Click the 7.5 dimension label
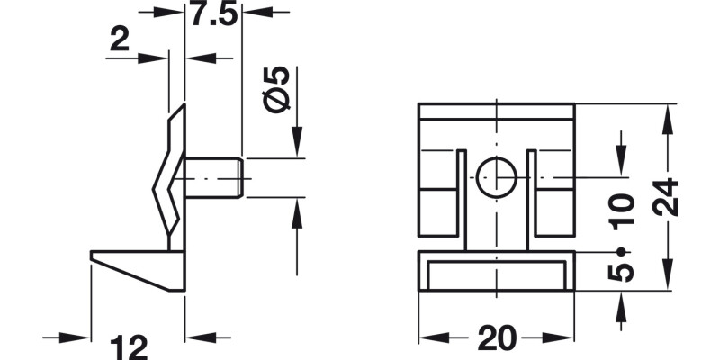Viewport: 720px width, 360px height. click(213, 14)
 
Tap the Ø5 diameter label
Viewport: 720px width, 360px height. click(279, 88)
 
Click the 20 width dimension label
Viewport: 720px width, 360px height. click(497, 338)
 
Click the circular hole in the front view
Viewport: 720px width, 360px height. click(496, 177)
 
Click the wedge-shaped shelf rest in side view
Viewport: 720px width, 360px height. click(139, 267)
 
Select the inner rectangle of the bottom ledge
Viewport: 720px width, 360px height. click(497, 274)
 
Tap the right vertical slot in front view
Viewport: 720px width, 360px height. click(532, 193)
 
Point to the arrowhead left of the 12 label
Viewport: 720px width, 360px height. click(83, 338)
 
